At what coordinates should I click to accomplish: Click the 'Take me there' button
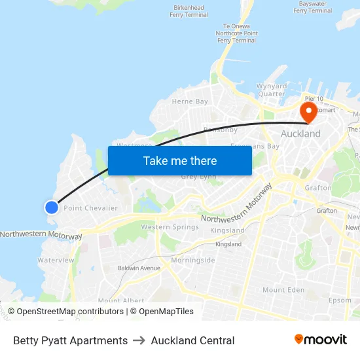click(x=180, y=160)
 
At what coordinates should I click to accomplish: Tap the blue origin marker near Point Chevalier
click(x=52, y=207)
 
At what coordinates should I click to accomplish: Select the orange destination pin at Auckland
click(x=308, y=111)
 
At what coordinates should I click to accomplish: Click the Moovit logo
click(x=321, y=340)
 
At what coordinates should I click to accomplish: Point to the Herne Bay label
click(x=190, y=101)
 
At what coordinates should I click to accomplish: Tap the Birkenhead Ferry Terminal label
click(x=189, y=11)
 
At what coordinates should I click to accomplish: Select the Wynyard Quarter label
click(x=272, y=90)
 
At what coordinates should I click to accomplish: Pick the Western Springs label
click(x=170, y=227)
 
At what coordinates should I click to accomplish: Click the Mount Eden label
click(x=283, y=290)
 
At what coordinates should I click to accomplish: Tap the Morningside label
click(x=192, y=260)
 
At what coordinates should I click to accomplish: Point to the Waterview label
click(x=56, y=260)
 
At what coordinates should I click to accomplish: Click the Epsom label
click(x=340, y=300)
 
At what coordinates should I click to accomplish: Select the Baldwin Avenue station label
click(x=139, y=268)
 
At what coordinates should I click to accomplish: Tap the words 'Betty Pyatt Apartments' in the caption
click(x=71, y=340)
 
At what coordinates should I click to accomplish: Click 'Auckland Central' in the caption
click(x=192, y=340)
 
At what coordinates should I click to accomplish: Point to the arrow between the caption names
click(x=139, y=340)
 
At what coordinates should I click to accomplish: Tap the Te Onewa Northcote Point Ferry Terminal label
click(x=237, y=33)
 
